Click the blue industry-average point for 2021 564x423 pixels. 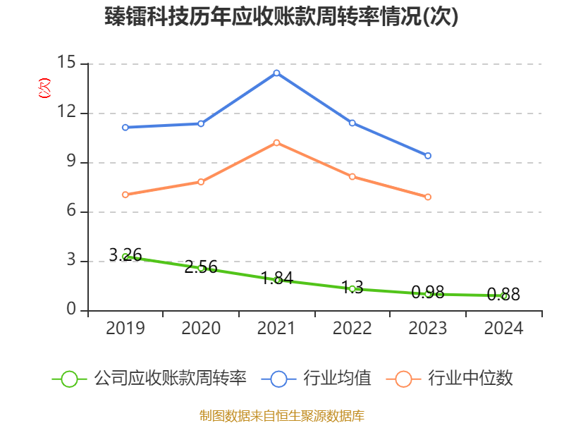click(276, 73)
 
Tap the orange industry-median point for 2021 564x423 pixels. click(276, 142)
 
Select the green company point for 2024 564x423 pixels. click(504, 296)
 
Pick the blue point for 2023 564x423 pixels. click(428, 156)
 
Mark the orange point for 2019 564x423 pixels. click(125, 195)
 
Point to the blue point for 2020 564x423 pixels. click(201, 123)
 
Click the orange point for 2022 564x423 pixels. click(352, 176)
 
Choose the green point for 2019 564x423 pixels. click(125, 257)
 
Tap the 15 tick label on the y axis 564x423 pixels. click(66, 63)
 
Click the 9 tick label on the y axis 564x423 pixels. click(70, 162)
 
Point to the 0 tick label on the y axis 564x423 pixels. click(70, 310)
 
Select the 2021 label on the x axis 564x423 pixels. click(276, 328)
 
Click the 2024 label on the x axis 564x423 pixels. click(504, 328)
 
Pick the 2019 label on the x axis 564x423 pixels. click(125, 328)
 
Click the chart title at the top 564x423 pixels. click(282, 17)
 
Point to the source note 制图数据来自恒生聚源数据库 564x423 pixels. click(282, 415)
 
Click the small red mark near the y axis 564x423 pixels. click(44, 88)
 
